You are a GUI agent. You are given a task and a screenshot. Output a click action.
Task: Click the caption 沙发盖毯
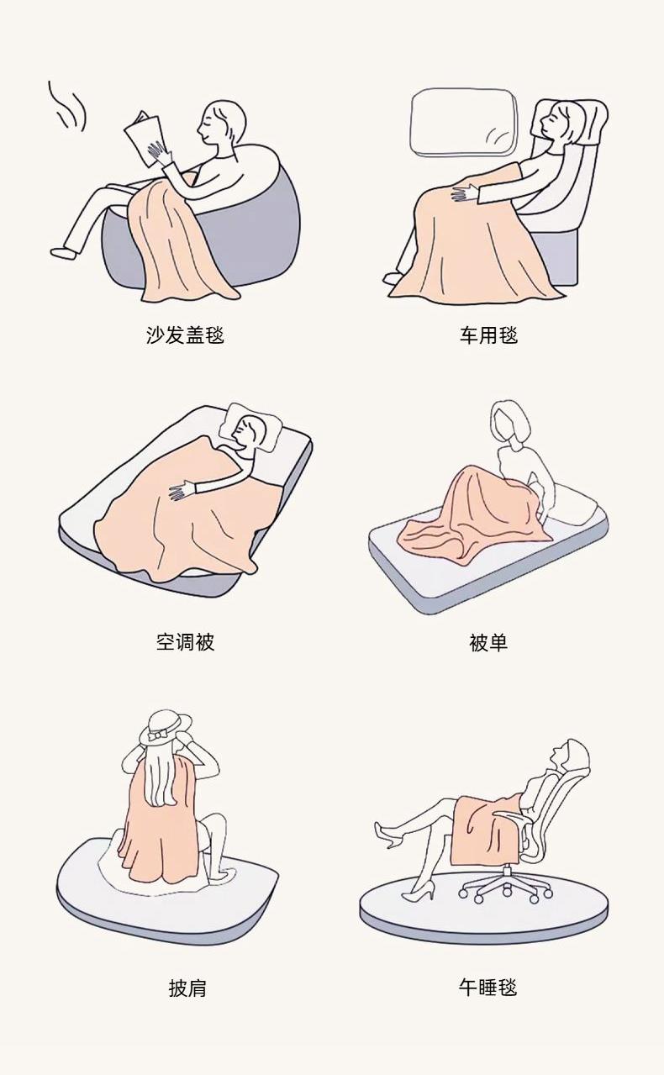point(185,335)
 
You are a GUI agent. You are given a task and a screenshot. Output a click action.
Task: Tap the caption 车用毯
point(489,335)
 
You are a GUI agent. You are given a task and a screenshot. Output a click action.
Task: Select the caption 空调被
point(185,641)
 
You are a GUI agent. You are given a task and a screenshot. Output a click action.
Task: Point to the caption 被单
point(488,643)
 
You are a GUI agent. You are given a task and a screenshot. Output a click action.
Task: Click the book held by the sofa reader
point(145,139)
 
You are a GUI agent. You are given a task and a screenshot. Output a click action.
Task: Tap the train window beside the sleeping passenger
point(464,123)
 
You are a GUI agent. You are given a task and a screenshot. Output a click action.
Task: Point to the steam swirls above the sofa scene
point(67,107)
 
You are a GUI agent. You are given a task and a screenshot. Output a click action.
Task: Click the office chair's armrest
point(513,818)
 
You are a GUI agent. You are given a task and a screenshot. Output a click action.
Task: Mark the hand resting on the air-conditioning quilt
point(182,491)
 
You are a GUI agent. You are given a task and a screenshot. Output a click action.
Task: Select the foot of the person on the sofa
point(64,252)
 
